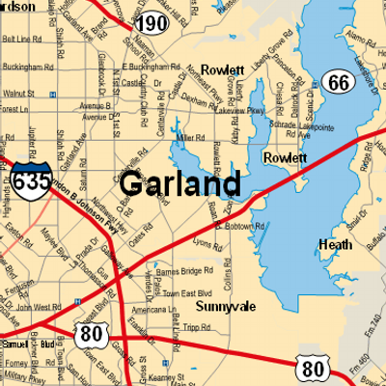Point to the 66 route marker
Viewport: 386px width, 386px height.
click(337, 82)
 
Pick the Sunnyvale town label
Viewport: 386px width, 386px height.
click(224, 306)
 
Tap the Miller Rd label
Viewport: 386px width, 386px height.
click(191, 137)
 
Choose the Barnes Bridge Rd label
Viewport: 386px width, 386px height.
click(182, 272)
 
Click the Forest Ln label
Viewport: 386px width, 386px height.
click(13, 109)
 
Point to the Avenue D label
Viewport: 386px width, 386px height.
click(96, 117)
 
